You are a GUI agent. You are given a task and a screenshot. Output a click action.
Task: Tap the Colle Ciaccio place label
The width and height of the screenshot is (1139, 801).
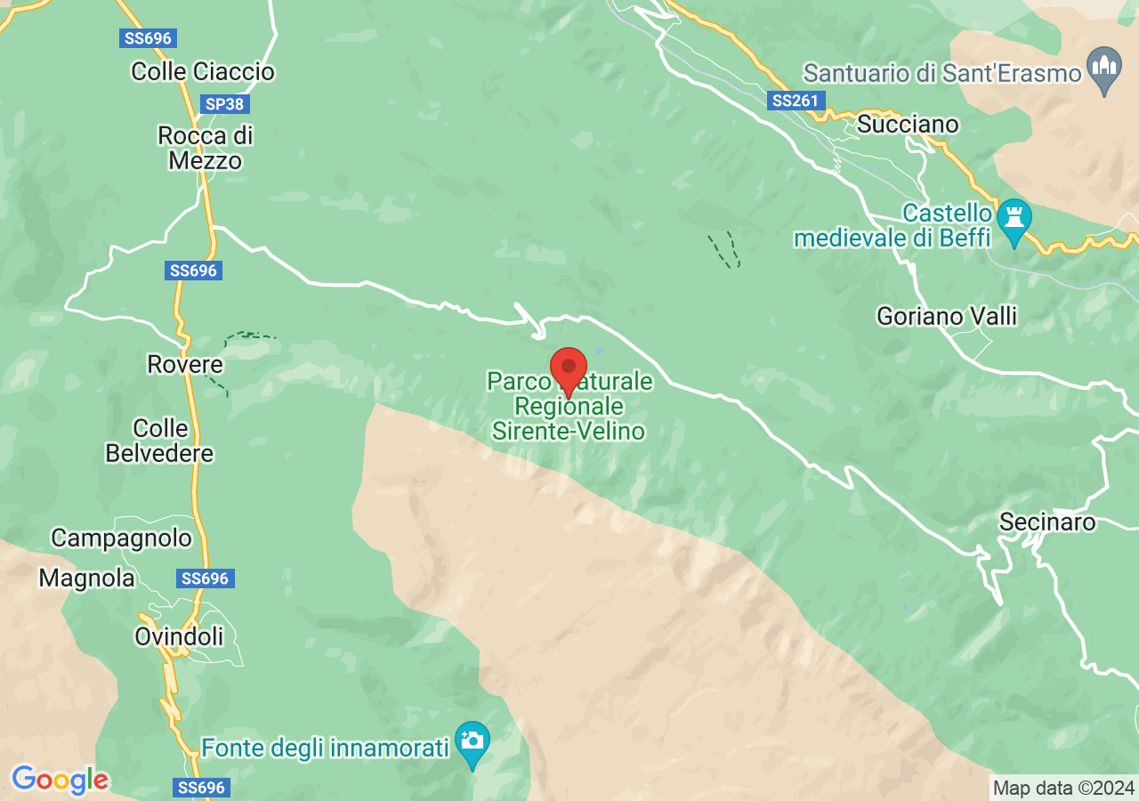[x=203, y=71]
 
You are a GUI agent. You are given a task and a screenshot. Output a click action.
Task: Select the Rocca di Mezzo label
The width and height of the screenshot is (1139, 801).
[x=206, y=148]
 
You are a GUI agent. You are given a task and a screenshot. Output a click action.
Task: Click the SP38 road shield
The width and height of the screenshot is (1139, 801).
[x=224, y=104]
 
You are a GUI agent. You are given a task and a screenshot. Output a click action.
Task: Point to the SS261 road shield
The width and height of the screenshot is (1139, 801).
[x=795, y=101]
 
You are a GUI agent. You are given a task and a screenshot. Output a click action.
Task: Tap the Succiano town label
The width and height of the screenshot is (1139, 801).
[x=908, y=125]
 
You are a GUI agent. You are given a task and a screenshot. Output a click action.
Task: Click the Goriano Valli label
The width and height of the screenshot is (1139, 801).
[x=946, y=316]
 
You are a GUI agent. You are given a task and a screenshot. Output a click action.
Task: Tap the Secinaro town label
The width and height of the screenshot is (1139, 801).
[x=1047, y=522]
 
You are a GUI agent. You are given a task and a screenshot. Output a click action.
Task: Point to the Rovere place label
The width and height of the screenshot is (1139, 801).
[x=185, y=365]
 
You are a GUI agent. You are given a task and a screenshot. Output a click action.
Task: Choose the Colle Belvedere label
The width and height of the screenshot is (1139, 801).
[x=160, y=441]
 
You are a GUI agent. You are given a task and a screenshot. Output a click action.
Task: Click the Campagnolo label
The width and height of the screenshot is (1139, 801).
[x=121, y=538]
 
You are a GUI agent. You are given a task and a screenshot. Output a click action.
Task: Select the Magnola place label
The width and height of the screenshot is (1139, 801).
[x=86, y=578]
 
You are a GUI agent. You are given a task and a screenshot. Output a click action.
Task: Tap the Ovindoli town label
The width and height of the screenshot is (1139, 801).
[x=179, y=636]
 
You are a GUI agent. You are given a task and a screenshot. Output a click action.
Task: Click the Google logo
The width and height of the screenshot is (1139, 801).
[x=60, y=781]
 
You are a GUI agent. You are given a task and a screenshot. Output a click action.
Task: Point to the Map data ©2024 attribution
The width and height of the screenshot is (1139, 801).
[x=1063, y=788]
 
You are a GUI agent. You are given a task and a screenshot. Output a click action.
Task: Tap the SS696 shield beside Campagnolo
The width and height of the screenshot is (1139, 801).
[x=205, y=578]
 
